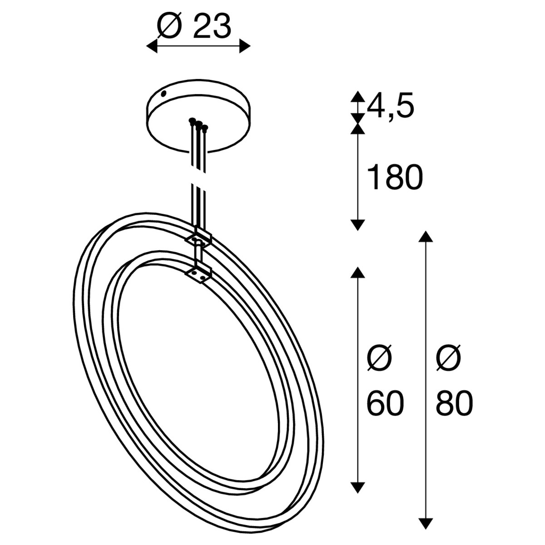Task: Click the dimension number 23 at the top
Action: (212, 28)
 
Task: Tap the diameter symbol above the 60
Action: (380, 358)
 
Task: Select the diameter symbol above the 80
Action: (449, 358)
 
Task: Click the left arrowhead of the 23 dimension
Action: (152, 46)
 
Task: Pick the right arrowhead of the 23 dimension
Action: (245, 46)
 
